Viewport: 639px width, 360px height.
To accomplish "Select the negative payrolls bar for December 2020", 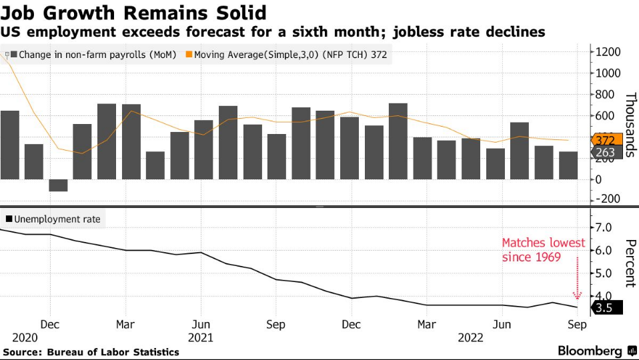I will coord(59,185).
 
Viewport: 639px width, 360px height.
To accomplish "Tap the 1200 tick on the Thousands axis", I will coord(609,52).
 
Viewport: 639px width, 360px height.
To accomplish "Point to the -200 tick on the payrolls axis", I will coord(609,199).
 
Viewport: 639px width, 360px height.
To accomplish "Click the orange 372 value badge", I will coord(606,140).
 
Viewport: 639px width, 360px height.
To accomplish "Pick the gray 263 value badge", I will coord(606,153).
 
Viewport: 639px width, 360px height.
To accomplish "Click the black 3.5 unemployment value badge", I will coord(606,307).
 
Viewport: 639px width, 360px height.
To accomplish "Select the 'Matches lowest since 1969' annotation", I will coord(543,249).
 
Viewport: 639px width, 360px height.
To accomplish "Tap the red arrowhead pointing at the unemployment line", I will coord(578,295).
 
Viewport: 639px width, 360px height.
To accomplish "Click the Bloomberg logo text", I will coord(590,351).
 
